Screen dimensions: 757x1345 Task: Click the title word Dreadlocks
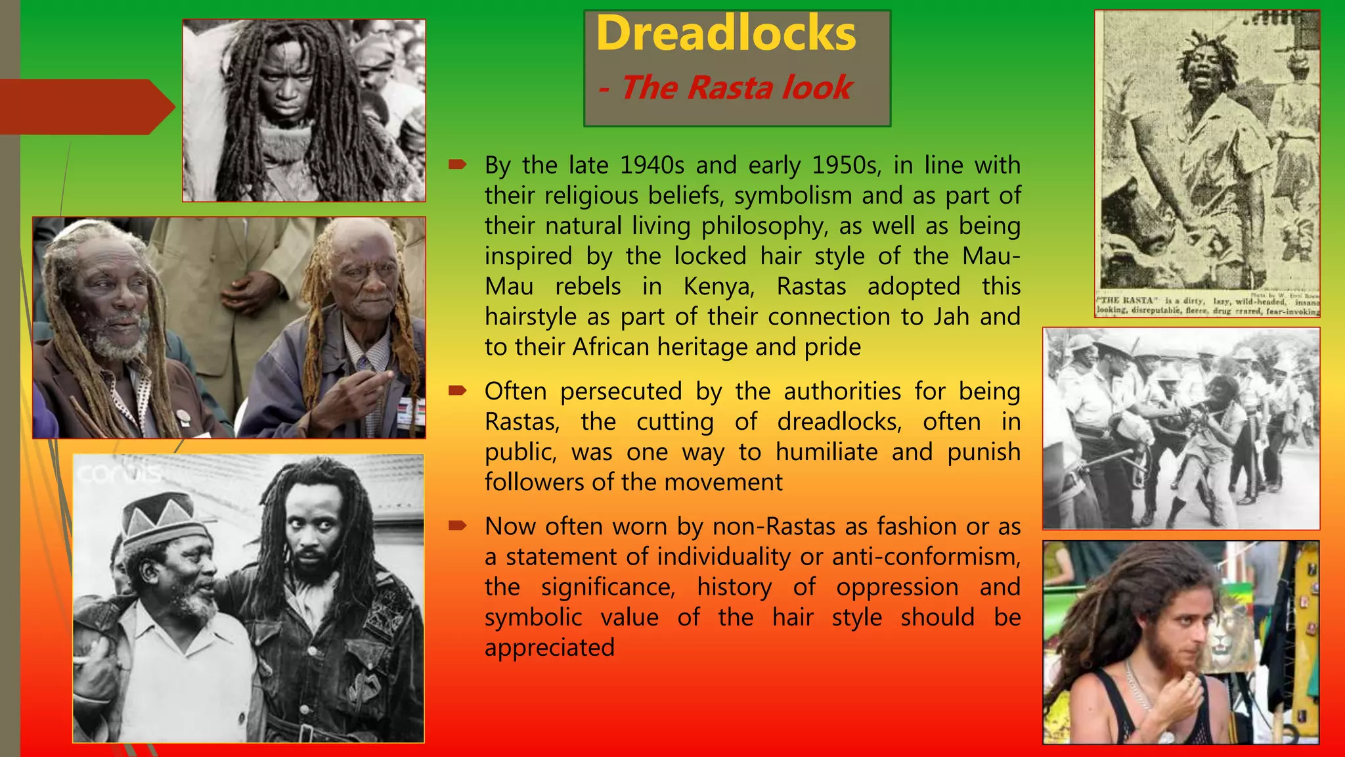[726, 34]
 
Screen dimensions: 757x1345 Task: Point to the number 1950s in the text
[847, 166]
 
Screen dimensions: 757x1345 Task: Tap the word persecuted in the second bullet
[621, 392]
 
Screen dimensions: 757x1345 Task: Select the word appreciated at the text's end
[550, 648]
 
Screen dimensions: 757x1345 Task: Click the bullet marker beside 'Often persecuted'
[457, 391]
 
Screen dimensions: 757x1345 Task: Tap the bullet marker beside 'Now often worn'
[457, 526]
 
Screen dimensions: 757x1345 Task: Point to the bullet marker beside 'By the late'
[457, 164]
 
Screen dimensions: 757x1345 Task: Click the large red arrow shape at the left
[85, 107]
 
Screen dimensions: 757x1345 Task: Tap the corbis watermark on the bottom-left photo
[118, 473]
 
